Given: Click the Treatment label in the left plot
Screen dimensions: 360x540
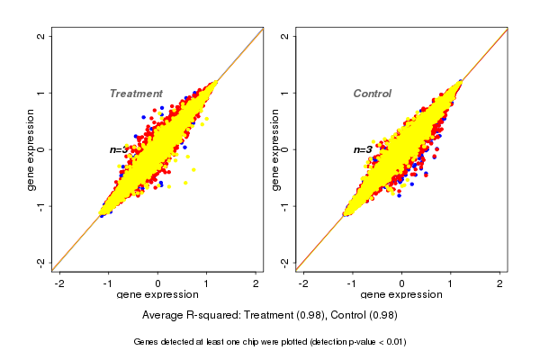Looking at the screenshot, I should coord(136,94).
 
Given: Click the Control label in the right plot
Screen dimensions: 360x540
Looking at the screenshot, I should coord(372,94).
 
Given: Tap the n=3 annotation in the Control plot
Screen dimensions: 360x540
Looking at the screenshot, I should coord(362,149).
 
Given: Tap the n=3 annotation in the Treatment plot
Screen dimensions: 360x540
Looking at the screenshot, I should coord(118,149).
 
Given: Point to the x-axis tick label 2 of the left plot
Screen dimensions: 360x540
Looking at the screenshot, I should coord(256,283).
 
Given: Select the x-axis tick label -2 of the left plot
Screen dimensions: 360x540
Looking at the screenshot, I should coord(59,283).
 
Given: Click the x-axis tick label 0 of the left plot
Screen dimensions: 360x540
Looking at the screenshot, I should coord(157,283).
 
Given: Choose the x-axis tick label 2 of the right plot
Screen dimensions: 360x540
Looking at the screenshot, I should coord(499,283).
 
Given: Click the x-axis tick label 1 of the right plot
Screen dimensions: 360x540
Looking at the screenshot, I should coord(450,283).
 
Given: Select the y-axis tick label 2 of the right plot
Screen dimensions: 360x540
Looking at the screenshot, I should coord(284,36).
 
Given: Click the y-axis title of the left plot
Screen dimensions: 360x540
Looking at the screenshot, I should coord(31,148).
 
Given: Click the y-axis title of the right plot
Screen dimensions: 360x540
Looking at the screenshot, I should coord(274,148).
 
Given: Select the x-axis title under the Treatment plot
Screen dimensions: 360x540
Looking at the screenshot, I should coord(157,295).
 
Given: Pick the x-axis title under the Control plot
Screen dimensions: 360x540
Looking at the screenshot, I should coord(400,295).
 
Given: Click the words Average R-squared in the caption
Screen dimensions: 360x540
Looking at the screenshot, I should coord(184,315).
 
